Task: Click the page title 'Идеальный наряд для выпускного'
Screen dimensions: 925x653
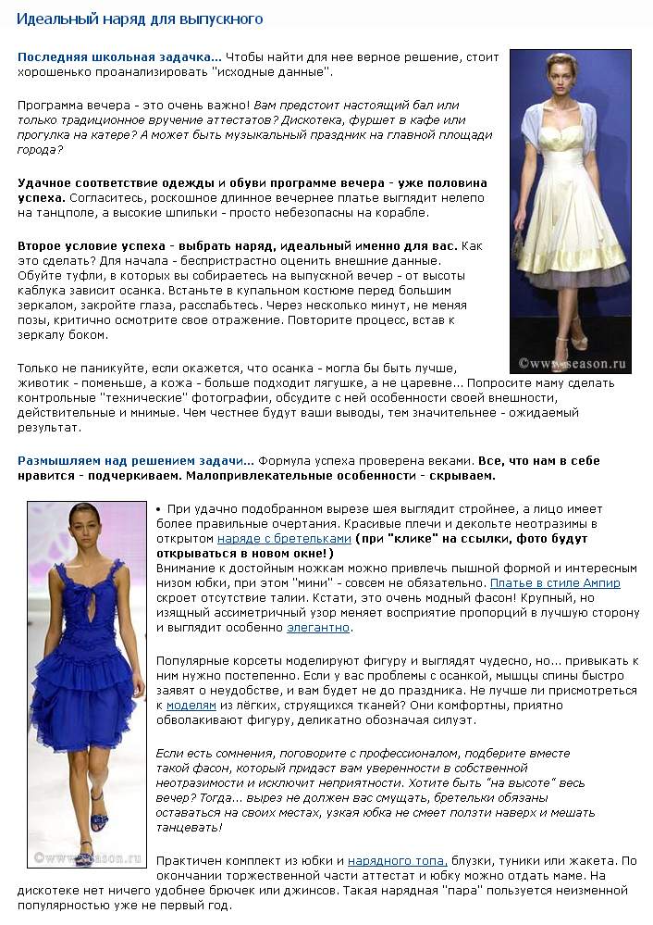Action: point(140,19)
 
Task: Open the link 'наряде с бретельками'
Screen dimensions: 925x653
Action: point(284,538)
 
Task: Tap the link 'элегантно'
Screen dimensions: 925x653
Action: point(318,627)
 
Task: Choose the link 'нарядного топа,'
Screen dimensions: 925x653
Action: point(398,860)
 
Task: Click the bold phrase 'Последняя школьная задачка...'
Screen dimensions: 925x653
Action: point(119,56)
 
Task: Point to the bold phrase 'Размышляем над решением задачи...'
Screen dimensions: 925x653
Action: point(135,460)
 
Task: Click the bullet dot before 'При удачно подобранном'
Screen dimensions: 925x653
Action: point(159,509)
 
